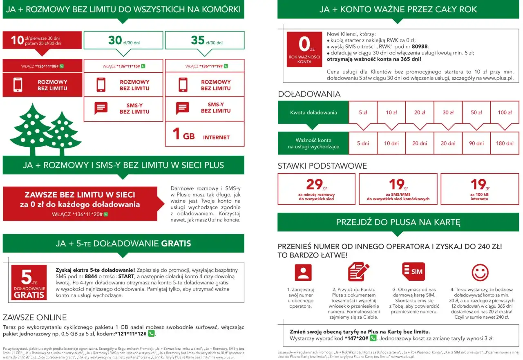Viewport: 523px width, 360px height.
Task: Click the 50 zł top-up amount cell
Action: pyautogui.click(x=476, y=112)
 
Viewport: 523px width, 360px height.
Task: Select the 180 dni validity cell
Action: pyautogui.click(x=505, y=143)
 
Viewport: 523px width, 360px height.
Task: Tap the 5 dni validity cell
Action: pyautogui.click(x=363, y=143)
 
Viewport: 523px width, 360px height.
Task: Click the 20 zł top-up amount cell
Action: pyautogui.click(x=420, y=112)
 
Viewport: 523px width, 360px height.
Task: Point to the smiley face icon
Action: pyautogui.click(x=480, y=272)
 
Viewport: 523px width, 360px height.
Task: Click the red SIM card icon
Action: pyautogui.click(x=413, y=272)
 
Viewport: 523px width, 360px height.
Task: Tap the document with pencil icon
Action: pyautogui.click(x=358, y=272)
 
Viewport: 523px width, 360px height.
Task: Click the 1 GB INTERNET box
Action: pyautogui.click(x=205, y=134)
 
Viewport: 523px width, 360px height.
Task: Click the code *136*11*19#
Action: pyautogui.click(x=204, y=66)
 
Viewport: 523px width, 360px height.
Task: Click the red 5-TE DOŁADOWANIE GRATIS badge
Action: pyautogui.click(x=29, y=282)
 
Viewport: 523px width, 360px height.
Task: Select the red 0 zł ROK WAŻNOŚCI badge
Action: pyautogui.click(x=304, y=49)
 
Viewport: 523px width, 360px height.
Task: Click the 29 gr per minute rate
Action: pyautogui.click(x=316, y=189)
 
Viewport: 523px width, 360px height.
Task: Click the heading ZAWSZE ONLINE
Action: pyautogui.click(x=35, y=318)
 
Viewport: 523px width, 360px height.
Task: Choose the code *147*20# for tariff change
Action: pyautogui.click(x=356, y=338)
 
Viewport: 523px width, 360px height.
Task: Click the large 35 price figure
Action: pyautogui.click(x=198, y=40)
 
